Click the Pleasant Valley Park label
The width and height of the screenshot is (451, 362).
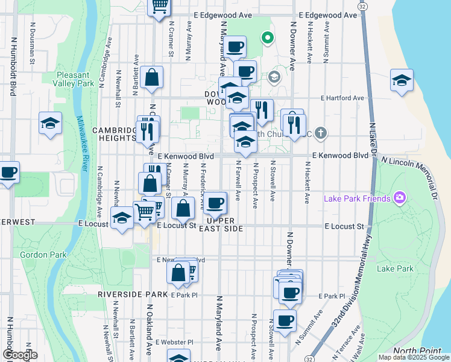(x=73, y=79)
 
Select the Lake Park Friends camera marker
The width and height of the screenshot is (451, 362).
(x=398, y=197)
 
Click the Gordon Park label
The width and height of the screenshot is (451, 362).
(x=43, y=255)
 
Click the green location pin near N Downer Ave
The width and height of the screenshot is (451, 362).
(x=268, y=39)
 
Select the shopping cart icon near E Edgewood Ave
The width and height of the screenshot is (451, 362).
(x=159, y=7)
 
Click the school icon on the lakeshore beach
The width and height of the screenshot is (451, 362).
(x=402, y=80)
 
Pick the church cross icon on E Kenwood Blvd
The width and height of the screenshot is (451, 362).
(x=321, y=132)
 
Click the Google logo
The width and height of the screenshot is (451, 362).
(x=20, y=354)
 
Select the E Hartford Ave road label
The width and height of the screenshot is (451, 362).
(x=342, y=98)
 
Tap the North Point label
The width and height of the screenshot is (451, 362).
(x=414, y=351)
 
